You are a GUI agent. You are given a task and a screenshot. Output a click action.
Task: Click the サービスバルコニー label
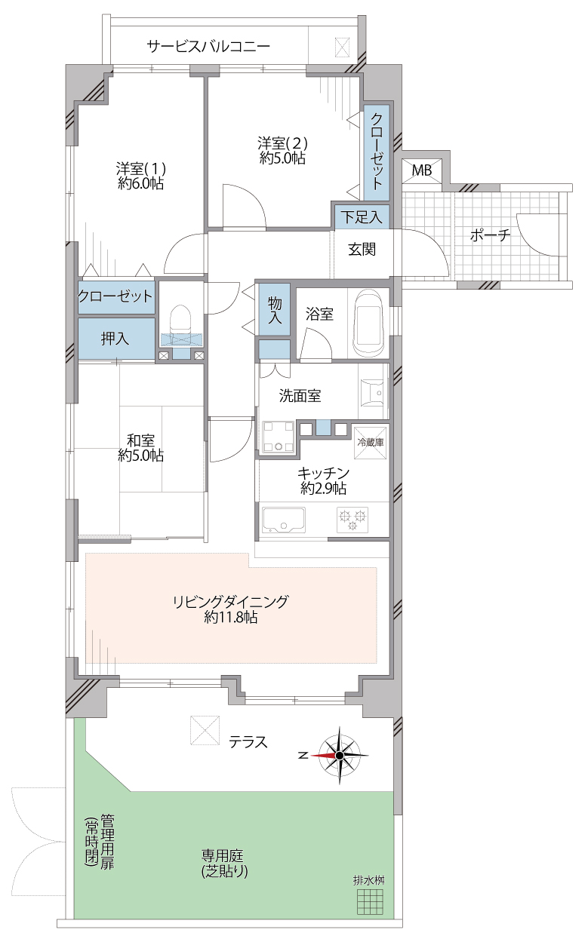pos(208,46)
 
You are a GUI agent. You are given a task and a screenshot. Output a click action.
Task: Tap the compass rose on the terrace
pos(339,756)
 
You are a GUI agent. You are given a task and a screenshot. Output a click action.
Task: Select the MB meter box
pos(422,170)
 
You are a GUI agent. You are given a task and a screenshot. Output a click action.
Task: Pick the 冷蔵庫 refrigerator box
pos(371,442)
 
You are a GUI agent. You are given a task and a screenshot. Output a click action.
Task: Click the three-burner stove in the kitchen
pos(352,520)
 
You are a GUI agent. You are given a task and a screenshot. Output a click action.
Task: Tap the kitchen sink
pos(284,520)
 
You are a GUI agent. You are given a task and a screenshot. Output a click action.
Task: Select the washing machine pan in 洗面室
pos(278,437)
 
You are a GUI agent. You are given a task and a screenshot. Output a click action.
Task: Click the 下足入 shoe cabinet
pos(362,217)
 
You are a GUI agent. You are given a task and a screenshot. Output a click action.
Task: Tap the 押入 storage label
pos(115,339)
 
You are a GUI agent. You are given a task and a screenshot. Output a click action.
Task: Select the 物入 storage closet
pos(275,309)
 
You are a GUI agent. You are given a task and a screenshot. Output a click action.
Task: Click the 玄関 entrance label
pos(362,250)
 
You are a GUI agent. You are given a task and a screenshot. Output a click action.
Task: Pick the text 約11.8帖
pos(231,617)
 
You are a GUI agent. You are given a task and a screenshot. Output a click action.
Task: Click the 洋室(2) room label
pos(282,143)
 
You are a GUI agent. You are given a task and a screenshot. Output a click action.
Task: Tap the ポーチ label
pos(490,235)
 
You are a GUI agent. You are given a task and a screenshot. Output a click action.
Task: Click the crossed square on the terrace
pos(205,731)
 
